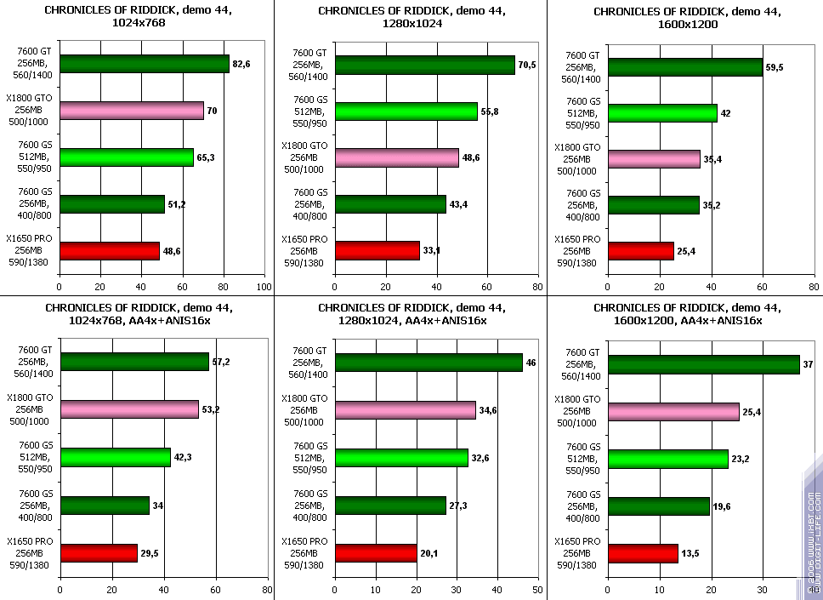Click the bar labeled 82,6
tap(145, 64)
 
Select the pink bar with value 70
tap(132, 111)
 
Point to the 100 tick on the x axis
tap(264, 287)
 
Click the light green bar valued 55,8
tap(406, 111)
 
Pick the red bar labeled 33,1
tap(377, 251)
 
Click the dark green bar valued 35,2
tap(654, 205)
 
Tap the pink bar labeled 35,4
tap(654, 158)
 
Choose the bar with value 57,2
tap(134, 362)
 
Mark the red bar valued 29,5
tap(99, 553)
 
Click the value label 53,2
tap(212, 410)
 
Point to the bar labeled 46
tap(429, 362)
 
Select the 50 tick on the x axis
tap(537, 588)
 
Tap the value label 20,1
tap(430, 554)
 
